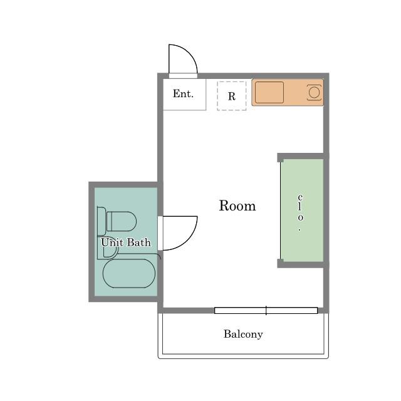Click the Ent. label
[x=183, y=93]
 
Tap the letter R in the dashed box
[x=231, y=96]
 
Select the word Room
[x=237, y=206]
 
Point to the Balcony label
[x=243, y=334]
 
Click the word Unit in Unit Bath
[x=112, y=242]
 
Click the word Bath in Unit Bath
[x=139, y=242]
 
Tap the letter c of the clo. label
[x=300, y=197]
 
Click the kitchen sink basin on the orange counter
[x=269, y=92]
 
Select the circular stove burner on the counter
[x=314, y=92]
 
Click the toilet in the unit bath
[x=121, y=221]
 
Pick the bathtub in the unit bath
[x=129, y=273]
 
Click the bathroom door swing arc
[x=188, y=242]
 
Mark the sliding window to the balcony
[x=266, y=311]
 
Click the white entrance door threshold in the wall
[x=183, y=76]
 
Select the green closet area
[x=302, y=211]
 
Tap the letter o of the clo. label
[x=301, y=217]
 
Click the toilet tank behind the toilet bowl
[x=102, y=221]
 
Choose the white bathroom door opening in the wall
[x=160, y=233]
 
